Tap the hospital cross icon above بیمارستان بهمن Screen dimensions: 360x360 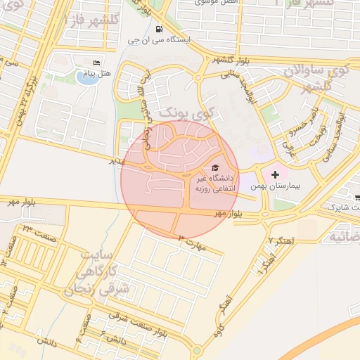pos(275,174)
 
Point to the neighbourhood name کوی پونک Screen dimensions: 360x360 pos(179,111)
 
